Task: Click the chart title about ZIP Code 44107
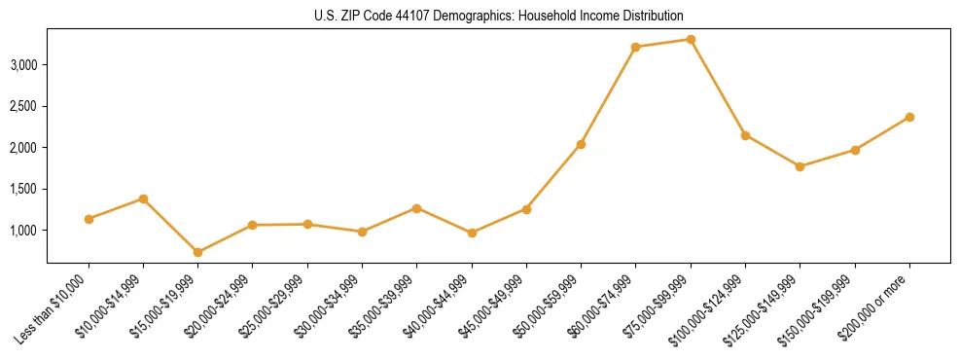tap(479, 16)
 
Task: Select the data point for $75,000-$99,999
tap(691, 39)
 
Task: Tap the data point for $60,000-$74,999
tap(635, 47)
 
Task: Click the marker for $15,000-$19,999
tap(197, 252)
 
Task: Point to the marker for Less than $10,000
tap(89, 219)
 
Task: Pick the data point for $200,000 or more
tap(909, 117)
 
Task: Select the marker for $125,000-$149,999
tap(800, 166)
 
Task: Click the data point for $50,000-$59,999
tap(581, 144)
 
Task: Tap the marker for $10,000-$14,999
tap(143, 198)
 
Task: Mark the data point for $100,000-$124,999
tap(745, 135)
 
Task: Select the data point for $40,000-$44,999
tap(472, 233)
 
